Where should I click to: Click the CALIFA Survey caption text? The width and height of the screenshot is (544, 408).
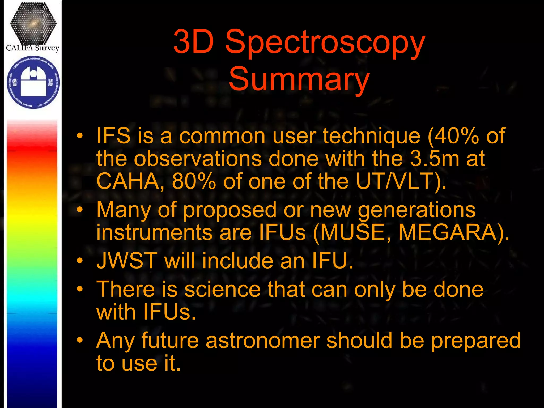32,48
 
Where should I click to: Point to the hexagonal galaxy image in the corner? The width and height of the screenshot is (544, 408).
33,23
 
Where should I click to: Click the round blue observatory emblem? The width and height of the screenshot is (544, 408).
33,82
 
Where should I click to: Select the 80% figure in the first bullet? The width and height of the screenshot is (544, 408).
194,181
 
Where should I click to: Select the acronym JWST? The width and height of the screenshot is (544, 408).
127,261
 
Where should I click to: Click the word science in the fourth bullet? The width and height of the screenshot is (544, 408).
222,289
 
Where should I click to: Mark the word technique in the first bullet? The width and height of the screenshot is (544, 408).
372,136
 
